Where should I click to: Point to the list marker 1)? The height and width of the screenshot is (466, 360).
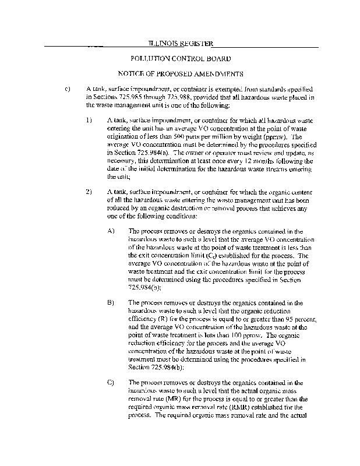pos(89,121)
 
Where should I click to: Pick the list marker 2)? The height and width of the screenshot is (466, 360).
pos(89,192)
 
